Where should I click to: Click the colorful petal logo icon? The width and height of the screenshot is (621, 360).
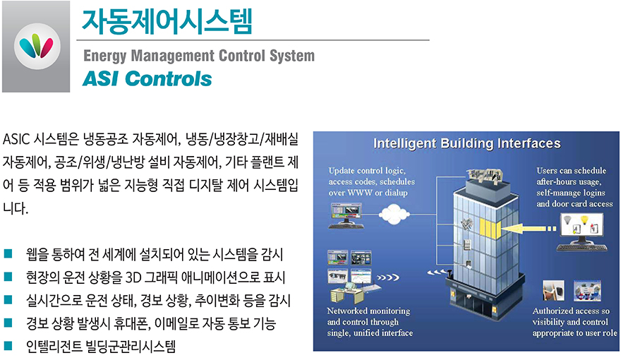pyautogui.click(x=37, y=47)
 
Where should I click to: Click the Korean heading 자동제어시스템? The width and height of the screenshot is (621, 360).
pyautogui.click(x=167, y=21)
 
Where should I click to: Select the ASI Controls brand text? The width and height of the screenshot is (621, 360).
pyautogui.click(x=147, y=78)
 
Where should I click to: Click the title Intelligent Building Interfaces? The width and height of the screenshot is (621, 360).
pyautogui.click(x=467, y=143)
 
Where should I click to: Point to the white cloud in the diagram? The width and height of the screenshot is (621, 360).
pyautogui.click(x=394, y=215)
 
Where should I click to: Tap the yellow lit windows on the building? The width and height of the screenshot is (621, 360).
pyautogui.click(x=490, y=229)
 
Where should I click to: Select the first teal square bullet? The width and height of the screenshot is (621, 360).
pyautogui.click(x=8, y=254)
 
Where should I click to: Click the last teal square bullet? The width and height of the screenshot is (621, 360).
pyautogui.click(x=8, y=347)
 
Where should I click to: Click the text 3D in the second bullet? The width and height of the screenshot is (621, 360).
pyautogui.click(x=133, y=277)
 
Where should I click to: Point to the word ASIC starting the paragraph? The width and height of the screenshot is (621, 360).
pyautogui.click(x=16, y=139)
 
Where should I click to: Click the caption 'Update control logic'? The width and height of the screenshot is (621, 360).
pyautogui.click(x=367, y=171)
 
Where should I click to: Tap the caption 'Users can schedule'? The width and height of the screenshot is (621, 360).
pyautogui.click(x=571, y=171)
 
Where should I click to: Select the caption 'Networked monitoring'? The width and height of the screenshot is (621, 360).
pyautogui.click(x=368, y=311)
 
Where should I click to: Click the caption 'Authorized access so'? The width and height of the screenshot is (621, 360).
pyautogui.click(x=571, y=311)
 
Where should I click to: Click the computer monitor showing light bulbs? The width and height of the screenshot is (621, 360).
pyautogui.click(x=581, y=229)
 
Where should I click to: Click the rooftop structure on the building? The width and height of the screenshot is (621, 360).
pyautogui.click(x=484, y=177)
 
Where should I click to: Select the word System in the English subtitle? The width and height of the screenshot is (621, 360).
pyautogui.click(x=292, y=56)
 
